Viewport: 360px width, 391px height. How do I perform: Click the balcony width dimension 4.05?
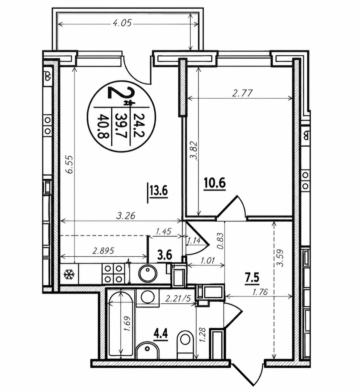pyautogui.click(x=122, y=24)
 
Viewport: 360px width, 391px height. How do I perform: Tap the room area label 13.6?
pyautogui.click(x=159, y=192)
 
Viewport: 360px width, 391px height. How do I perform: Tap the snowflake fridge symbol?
pyautogui.click(x=69, y=274)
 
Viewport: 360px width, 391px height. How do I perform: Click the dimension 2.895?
pyautogui.click(x=103, y=250)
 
